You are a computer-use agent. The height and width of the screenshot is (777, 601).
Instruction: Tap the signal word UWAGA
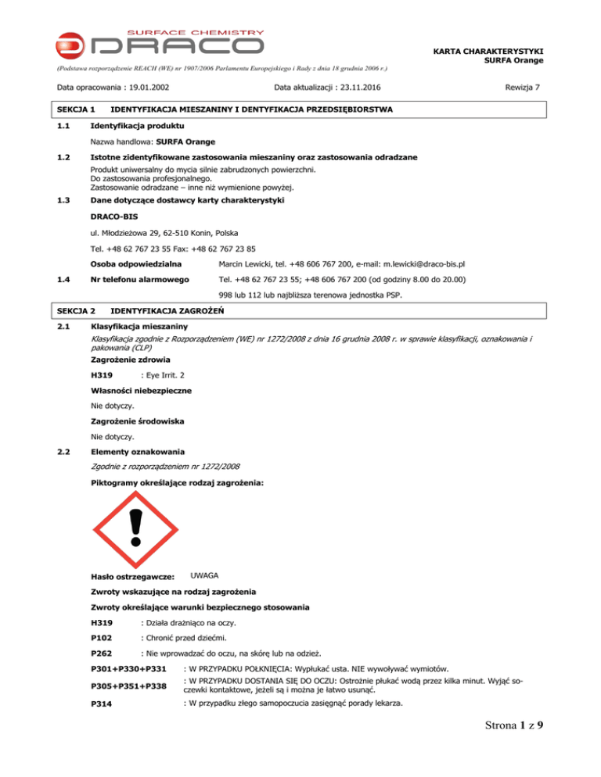tap(205, 575)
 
